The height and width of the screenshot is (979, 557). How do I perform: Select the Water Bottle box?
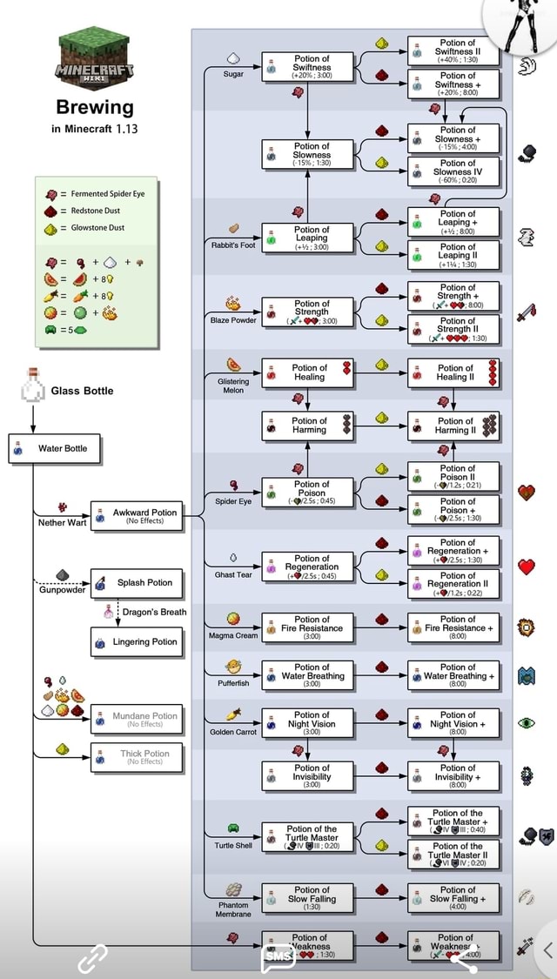pos(55,449)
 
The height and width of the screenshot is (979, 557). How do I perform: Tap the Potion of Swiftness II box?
pos(453,52)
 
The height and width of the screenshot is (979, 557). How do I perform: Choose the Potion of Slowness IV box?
pos(453,172)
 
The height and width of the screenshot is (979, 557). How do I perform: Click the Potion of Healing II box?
pos(453,372)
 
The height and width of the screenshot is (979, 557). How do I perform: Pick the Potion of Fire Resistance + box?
pos(453,623)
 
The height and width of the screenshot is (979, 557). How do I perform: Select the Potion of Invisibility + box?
pos(453,773)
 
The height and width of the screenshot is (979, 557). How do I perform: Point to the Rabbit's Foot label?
pos(233,245)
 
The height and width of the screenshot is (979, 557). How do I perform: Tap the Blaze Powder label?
pos(233,320)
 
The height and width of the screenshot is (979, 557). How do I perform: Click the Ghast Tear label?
pos(233,574)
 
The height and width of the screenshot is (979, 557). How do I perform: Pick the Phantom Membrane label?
pos(233,909)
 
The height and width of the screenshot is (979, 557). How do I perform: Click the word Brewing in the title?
pos(95,107)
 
